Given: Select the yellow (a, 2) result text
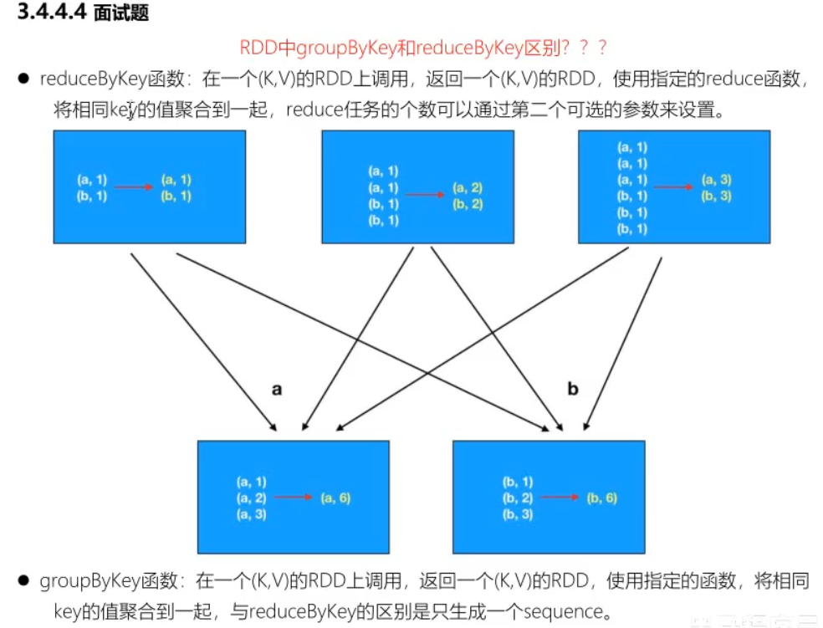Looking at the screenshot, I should click(468, 188).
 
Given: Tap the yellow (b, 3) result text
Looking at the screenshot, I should click(717, 197).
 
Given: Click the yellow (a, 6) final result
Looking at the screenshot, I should click(335, 498).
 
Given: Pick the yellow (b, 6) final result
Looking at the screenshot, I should click(601, 498).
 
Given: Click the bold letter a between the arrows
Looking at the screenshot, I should click(277, 389).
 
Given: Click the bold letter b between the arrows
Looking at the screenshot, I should click(573, 389).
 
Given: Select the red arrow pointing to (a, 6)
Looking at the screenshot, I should click(293, 498).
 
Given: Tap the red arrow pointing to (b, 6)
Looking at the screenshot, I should click(559, 498).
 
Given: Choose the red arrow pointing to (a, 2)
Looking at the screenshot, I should click(426, 196).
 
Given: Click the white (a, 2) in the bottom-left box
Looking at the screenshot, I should click(251, 498).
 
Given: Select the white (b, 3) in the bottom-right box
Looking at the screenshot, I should click(517, 514).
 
